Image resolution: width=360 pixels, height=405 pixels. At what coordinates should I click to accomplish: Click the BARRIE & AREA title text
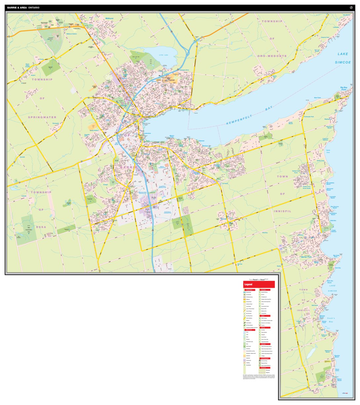tap(17, 7)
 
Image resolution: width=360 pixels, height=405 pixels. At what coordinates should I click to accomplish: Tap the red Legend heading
tap(248, 285)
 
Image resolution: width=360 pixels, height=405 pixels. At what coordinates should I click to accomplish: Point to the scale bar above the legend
tap(259, 280)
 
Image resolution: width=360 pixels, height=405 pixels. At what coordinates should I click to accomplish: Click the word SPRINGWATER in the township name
tap(42, 117)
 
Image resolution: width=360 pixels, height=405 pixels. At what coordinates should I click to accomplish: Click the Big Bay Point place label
tap(344, 88)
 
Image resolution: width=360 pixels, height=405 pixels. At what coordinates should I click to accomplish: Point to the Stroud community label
tap(224, 219)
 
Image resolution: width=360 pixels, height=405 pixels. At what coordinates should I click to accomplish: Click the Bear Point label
tap(317, 98)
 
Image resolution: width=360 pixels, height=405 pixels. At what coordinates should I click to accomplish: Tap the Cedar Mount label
tap(291, 123)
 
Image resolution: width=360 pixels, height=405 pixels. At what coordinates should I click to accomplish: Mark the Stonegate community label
tap(56, 123)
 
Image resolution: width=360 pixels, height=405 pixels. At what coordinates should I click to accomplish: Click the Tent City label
tap(338, 268)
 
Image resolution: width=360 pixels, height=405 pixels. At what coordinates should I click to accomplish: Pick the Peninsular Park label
tap(309, 117)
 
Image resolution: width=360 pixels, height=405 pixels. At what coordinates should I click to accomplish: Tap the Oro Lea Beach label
tap(317, 51)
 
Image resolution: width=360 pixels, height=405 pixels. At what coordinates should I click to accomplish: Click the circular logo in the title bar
tap(351, 7)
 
